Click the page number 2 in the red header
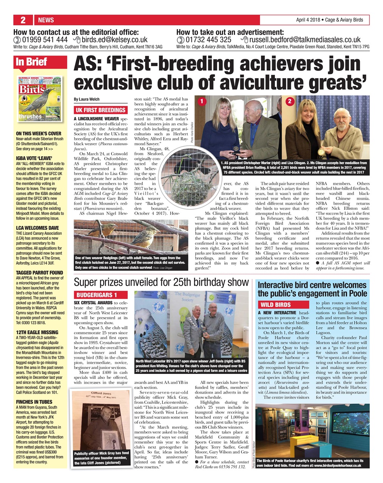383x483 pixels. click(x=23, y=20)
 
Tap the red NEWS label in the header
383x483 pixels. click(x=46, y=20)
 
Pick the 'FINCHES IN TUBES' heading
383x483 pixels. click(x=34, y=402)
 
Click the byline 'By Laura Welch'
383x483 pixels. click(x=87, y=99)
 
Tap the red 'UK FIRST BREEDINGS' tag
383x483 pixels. click(x=100, y=110)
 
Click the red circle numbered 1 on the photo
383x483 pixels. click(x=202, y=101)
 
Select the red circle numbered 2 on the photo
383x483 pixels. click(x=290, y=101)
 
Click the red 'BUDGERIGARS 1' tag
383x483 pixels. click(x=97, y=295)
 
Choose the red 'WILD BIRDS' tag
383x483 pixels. click(x=275, y=305)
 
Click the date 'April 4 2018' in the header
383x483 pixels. click(x=308, y=20)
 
